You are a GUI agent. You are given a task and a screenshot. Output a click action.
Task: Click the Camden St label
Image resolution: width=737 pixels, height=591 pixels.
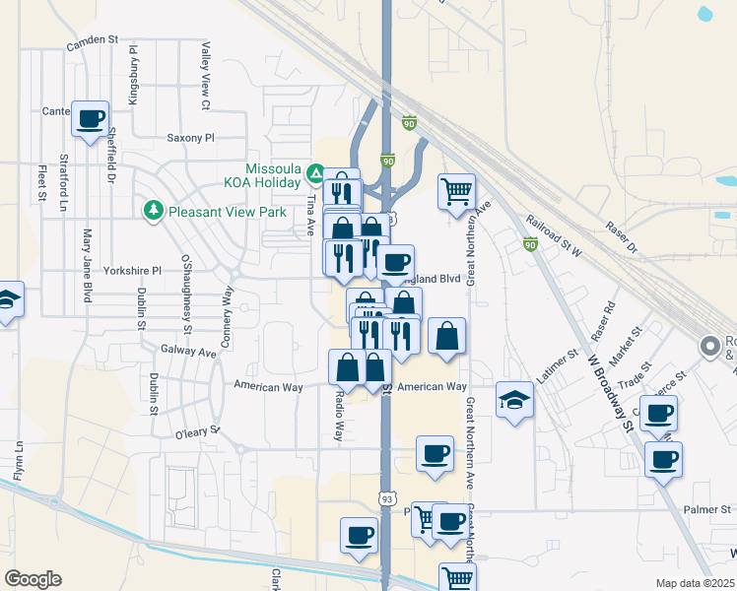click(92, 41)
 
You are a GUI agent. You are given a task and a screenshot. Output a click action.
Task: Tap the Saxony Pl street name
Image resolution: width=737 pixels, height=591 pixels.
click(190, 138)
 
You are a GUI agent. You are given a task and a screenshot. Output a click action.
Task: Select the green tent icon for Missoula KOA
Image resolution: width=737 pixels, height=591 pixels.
click(315, 174)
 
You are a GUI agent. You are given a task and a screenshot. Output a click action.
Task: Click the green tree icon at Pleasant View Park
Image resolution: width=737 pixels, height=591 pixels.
click(153, 210)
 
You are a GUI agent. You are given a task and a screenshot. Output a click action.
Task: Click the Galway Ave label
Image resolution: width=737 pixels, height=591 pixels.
click(187, 352)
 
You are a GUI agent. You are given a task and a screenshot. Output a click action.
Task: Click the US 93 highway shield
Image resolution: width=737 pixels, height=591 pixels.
click(386, 501)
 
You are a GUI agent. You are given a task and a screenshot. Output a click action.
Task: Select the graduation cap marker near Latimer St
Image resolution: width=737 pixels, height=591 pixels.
click(513, 400)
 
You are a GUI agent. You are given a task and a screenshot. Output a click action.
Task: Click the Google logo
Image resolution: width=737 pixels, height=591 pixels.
click(33, 579)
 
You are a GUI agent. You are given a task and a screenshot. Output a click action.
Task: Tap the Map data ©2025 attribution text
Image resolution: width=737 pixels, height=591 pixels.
click(694, 583)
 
